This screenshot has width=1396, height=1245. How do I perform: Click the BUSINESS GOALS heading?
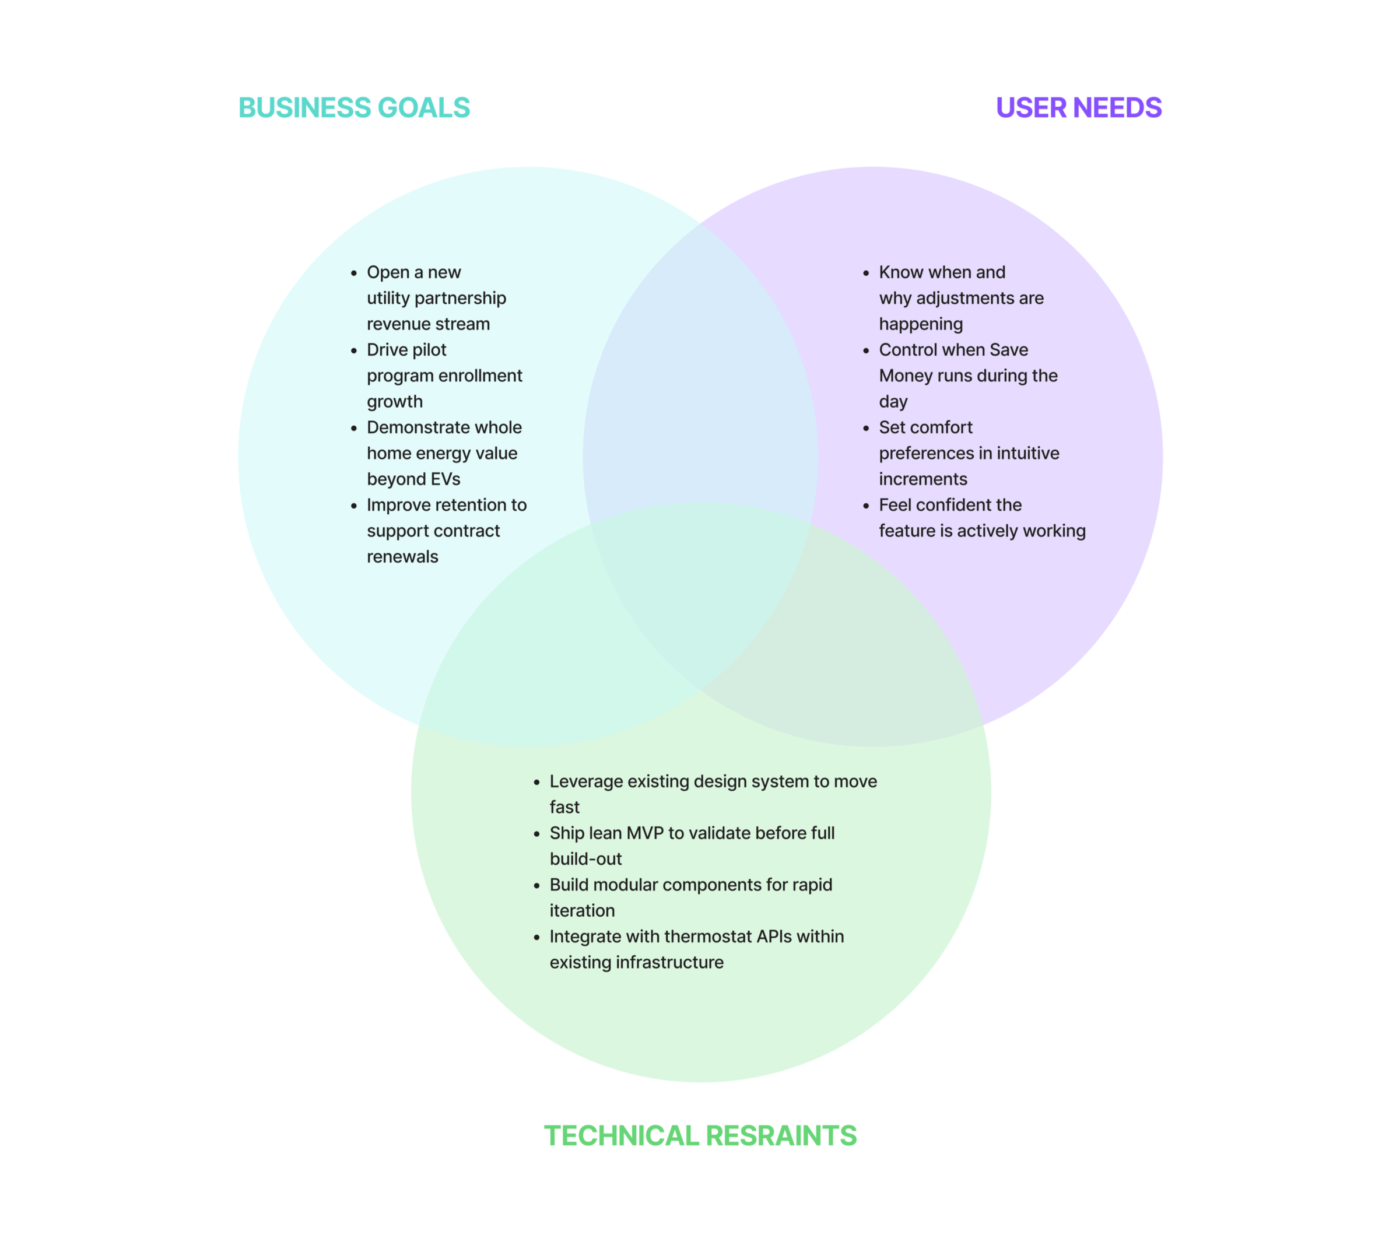tap(353, 108)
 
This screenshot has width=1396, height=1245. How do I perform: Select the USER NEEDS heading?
tap(1078, 108)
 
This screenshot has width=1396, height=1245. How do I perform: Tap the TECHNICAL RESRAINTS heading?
tap(700, 1135)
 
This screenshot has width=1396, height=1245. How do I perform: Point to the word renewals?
tap(402, 557)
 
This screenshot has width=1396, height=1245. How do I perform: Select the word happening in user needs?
tap(921, 324)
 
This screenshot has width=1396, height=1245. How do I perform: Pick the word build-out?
tap(585, 859)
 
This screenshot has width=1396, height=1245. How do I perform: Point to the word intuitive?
tap(1027, 454)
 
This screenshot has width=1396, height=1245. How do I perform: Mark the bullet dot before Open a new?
tap(353, 273)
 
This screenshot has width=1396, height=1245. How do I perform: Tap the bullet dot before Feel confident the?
tap(866, 506)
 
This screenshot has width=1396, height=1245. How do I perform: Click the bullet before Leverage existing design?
tap(537, 782)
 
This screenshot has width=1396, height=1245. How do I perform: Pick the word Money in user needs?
tap(906, 376)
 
